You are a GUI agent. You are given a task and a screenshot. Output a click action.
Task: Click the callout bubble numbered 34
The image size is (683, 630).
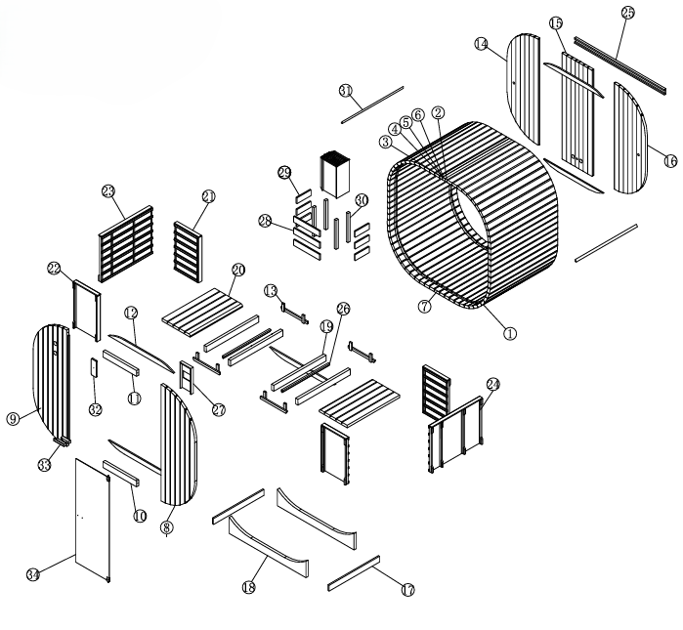click(x=32, y=575)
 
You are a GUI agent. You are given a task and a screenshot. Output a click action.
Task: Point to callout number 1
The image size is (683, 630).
click(x=509, y=331)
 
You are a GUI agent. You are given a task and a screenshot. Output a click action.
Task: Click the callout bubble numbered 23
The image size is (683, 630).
click(x=108, y=192)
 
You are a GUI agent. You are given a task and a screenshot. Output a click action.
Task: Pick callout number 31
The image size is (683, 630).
click(x=345, y=90)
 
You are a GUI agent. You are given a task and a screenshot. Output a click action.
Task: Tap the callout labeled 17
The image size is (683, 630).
click(x=407, y=589)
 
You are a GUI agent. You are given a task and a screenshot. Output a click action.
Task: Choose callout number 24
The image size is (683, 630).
click(x=492, y=385)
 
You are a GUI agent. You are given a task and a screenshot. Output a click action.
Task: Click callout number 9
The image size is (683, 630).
click(x=14, y=419)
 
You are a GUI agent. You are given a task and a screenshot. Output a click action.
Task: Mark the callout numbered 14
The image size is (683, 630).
click(x=482, y=44)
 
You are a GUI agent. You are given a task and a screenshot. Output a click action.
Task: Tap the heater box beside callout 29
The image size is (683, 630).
click(x=334, y=172)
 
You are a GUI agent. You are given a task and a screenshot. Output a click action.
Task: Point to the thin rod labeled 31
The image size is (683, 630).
click(x=372, y=105)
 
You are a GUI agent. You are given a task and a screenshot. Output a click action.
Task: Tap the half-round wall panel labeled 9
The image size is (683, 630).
click(x=49, y=381)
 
